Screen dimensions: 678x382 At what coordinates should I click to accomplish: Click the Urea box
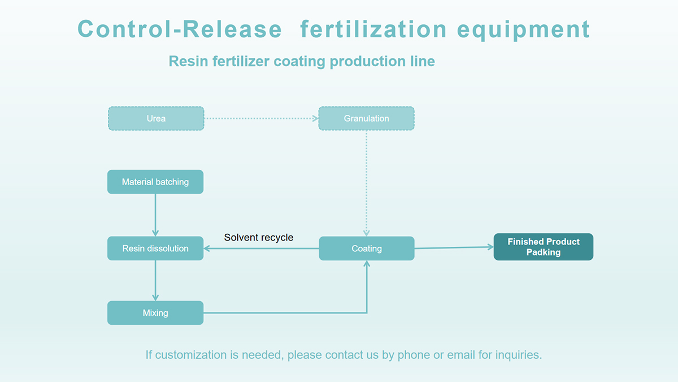pyautogui.click(x=156, y=118)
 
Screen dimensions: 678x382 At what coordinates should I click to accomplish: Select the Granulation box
pyautogui.click(x=366, y=118)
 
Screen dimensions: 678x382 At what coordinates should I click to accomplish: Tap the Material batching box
pyautogui.click(x=155, y=182)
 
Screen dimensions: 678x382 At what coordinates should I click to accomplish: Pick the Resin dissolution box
pyautogui.click(x=155, y=248)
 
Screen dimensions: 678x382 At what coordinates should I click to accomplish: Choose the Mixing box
pyautogui.click(x=155, y=313)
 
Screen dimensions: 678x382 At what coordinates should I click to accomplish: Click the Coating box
pyautogui.click(x=367, y=248)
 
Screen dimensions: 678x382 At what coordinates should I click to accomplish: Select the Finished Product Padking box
pyautogui.click(x=544, y=247)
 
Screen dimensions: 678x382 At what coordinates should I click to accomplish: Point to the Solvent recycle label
pyautogui.click(x=259, y=237)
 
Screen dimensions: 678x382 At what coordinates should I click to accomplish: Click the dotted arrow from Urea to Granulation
pyautogui.click(x=261, y=118)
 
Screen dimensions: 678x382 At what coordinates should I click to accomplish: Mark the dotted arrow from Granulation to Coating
pyautogui.click(x=366, y=183)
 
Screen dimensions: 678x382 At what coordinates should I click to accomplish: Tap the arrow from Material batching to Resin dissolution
pyautogui.click(x=155, y=215)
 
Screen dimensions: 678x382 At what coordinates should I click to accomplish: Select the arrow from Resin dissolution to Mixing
pyautogui.click(x=155, y=281)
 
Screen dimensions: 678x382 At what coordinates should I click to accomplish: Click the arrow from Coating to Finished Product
pyautogui.click(x=454, y=248)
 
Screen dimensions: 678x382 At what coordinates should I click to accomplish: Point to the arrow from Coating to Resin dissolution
pyautogui.click(x=261, y=248)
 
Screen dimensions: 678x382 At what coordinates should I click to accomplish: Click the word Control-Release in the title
pyautogui.click(x=180, y=29)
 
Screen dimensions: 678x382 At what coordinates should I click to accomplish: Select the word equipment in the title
pyautogui.click(x=523, y=30)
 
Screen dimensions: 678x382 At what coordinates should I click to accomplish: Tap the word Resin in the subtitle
pyautogui.click(x=188, y=61)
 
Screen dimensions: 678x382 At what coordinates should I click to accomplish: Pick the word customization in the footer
pyautogui.click(x=191, y=355)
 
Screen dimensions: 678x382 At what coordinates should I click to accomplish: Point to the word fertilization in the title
pyautogui.click(x=373, y=29)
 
